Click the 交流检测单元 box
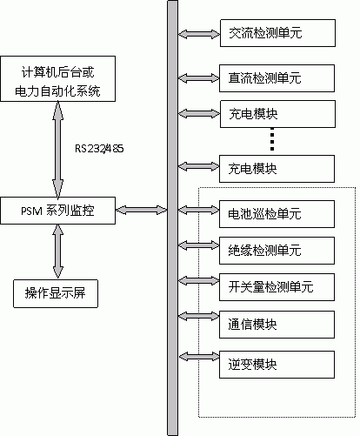tap(277, 33)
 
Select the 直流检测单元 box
tap(277, 78)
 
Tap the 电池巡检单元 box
tap(277, 214)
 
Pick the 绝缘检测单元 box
tap(277, 251)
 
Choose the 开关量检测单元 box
tap(277, 287)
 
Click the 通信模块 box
tap(277, 325)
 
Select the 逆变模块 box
tap(277, 365)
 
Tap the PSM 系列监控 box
tap(57, 211)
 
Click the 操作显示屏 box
tap(56, 293)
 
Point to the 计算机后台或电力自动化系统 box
tap(57, 79)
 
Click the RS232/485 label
tap(99, 149)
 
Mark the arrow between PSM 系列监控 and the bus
tap(142, 210)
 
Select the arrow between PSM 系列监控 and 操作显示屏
tap(58, 252)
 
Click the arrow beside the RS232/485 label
tap(58, 150)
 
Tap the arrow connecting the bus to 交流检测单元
tap(199, 34)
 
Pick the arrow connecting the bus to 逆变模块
tap(199, 357)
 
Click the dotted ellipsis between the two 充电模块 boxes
tap(272, 139)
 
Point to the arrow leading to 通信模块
tap(198, 316)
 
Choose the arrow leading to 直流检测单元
tap(198, 78)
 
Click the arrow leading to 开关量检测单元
tap(198, 280)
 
